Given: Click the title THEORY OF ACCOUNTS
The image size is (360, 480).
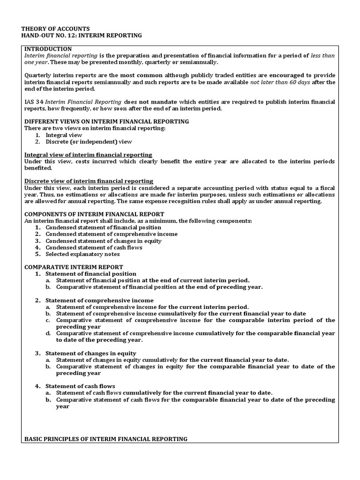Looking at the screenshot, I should [x=57, y=29].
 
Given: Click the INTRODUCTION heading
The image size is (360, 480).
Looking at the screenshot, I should [x=48, y=49].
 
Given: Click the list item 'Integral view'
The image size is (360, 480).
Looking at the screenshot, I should [x=64, y=135].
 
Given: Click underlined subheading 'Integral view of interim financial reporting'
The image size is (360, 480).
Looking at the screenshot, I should [x=88, y=155].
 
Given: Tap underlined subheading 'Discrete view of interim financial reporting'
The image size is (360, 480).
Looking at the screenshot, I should [x=89, y=181].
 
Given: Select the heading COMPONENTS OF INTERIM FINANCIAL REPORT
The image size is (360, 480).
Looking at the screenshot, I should [x=94, y=214].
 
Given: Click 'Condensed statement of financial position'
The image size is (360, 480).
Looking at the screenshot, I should [x=103, y=227].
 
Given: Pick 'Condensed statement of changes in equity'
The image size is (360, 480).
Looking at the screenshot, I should [x=103, y=241].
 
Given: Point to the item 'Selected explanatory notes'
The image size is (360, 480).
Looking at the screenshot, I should [x=82, y=254].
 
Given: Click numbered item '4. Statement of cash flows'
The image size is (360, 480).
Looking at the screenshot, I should [x=80, y=386].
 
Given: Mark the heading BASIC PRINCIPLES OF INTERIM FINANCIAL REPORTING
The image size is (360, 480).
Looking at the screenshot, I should [x=105, y=439].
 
